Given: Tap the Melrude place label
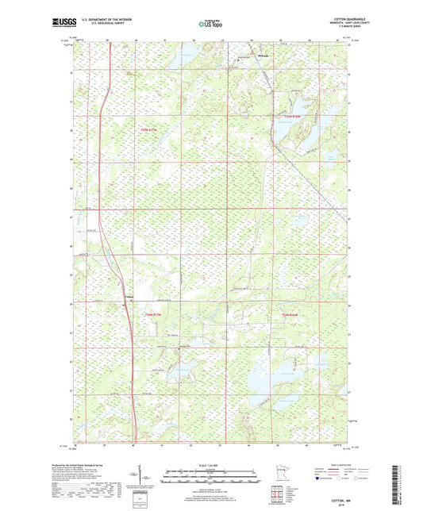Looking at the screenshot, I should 263,56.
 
